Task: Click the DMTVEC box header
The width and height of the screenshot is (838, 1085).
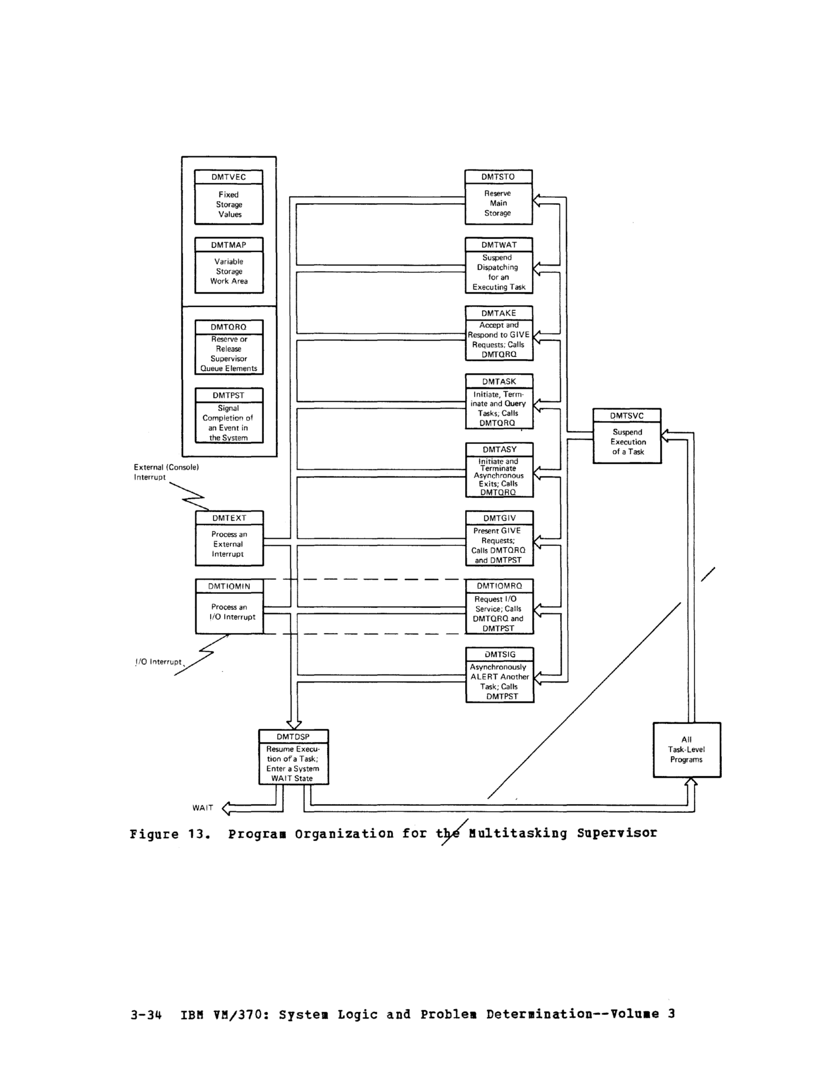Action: [x=228, y=177]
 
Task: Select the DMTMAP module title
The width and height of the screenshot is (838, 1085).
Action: [x=228, y=245]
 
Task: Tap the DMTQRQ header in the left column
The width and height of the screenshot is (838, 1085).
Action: [x=228, y=327]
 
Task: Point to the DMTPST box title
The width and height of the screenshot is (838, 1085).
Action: [x=228, y=396]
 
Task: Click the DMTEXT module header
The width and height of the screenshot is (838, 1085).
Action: [x=229, y=518]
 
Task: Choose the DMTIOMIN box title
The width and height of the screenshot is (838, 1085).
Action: [x=229, y=586]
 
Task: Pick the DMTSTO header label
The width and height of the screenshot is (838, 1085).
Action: [x=498, y=177]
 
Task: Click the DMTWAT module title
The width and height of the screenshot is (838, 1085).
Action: [x=499, y=245]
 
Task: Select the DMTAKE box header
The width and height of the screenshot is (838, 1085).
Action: [x=499, y=313]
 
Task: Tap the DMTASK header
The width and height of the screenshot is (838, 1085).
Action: [x=499, y=382]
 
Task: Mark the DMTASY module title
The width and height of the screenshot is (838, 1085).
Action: [x=500, y=450]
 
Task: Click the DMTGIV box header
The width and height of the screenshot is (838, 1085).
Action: [x=500, y=518]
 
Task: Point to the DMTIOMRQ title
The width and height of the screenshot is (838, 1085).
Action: [x=500, y=585]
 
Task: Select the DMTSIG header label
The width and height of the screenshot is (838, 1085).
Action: [x=500, y=654]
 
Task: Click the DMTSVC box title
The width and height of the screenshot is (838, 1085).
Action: [x=627, y=416]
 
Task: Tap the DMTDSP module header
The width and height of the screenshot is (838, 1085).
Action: [x=294, y=737]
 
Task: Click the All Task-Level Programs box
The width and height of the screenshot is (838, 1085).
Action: [x=686, y=749]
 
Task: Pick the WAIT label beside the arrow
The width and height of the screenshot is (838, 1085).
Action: [x=202, y=808]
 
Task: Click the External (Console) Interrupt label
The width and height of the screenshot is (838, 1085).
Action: [x=166, y=472]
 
